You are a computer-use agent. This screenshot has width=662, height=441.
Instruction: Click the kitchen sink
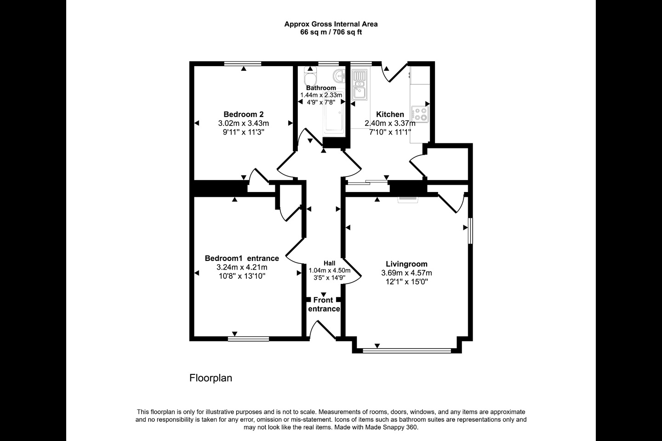[360, 85]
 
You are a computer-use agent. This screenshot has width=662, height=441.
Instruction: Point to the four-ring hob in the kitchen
[420, 114]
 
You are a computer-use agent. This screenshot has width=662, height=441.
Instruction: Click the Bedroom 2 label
[244, 114]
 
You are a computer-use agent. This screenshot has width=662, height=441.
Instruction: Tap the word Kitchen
[390, 114]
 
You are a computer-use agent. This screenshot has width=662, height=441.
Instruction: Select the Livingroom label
[406, 264]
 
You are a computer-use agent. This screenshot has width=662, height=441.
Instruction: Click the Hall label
[329, 263]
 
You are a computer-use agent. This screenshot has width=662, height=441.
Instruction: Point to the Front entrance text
[324, 304]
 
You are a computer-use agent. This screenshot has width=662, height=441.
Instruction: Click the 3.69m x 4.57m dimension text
[406, 273]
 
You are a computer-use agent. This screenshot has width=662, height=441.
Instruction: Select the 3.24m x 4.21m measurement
[242, 267]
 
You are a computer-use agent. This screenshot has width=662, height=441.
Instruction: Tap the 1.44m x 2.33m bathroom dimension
[321, 95]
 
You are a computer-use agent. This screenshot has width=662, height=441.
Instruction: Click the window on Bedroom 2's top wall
[243, 63]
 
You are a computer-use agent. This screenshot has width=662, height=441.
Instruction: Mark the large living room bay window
[407, 351]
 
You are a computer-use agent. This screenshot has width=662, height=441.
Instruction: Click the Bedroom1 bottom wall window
[249, 339]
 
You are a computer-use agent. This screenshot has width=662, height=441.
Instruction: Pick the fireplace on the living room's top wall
[408, 199]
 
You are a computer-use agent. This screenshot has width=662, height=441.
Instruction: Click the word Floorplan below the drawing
[211, 378]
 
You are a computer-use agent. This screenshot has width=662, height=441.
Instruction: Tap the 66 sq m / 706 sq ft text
[331, 32]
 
